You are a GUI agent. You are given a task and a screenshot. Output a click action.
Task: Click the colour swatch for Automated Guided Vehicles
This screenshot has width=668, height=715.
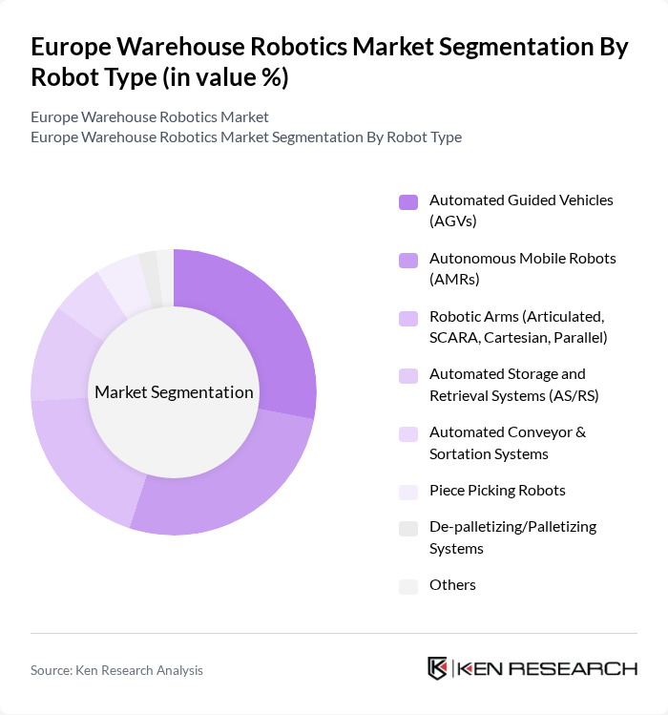[x=408, y=201]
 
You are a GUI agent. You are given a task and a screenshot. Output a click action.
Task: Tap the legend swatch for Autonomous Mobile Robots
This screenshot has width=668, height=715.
[x=408, y=260]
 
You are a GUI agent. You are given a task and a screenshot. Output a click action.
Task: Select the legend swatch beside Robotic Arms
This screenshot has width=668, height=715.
[x=408, y=318]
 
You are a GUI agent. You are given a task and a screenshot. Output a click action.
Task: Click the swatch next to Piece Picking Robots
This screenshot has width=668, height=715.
[x=408, y=492]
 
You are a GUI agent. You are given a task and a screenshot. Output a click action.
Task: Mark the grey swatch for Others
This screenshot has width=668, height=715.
[x=408, y=586]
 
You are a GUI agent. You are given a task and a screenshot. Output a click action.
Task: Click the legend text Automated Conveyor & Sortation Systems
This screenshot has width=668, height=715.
[x=507, y=443]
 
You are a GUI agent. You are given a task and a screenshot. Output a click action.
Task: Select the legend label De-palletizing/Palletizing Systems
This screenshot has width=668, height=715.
[x=512, y=537]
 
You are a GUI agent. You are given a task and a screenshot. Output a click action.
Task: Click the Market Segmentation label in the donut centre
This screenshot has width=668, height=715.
[x=174, y=392]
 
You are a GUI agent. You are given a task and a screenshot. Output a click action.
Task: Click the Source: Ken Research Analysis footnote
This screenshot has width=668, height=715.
[x=116, y=670]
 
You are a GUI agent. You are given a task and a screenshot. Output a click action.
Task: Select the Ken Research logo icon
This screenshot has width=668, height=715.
[x=438, y=668]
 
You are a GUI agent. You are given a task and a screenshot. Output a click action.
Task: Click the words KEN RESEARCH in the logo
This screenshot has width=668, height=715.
[x=547, y=668]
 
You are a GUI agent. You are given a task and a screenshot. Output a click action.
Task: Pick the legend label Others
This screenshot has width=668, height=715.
[x=452, y=584]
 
